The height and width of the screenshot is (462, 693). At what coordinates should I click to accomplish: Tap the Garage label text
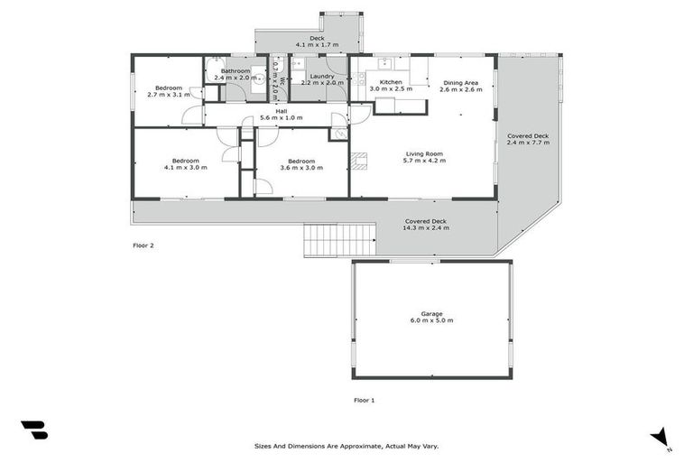point(431,314)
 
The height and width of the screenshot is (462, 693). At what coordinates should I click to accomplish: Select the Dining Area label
point(458,83)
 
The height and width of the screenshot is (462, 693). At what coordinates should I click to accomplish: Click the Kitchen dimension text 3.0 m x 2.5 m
point(391,89)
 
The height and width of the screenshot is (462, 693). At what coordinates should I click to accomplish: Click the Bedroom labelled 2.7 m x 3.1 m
point(169,88)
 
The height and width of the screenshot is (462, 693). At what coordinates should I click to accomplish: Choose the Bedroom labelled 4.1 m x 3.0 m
point(185,161)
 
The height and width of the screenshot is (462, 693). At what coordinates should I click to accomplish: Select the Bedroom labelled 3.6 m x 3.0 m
point(300,161)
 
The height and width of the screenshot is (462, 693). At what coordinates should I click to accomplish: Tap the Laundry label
point(322,77)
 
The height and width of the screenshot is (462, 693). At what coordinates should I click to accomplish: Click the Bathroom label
point(236,70)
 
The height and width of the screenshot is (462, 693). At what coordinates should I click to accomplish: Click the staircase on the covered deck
point(341,240)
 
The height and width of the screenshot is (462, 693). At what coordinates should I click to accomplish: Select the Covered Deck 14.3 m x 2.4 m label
point(425,221)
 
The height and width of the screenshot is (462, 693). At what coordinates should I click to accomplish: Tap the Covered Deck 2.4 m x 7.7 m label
point(527,136)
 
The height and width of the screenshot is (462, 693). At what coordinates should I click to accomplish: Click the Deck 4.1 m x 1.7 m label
point(317,39)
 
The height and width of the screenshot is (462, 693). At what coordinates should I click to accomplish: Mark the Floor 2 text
point(143,245)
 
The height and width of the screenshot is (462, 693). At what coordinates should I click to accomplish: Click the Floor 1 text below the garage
point(364,399)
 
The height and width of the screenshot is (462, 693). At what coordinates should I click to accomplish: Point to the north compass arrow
point(661,437)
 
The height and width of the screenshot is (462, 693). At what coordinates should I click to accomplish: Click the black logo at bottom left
point(34,431)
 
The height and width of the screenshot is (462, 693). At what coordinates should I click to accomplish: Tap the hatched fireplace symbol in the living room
point(359,162)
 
